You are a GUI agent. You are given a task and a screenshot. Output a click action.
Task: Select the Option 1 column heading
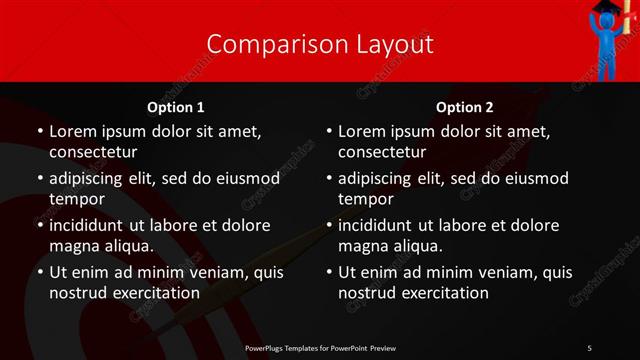(x=176, y=107)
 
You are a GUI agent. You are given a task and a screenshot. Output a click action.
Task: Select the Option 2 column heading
(x=465, y=107)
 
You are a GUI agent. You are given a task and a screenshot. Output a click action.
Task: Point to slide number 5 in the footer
(x=590, y=347)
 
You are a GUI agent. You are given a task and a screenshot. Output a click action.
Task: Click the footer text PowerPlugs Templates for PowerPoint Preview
(x=319, y=347)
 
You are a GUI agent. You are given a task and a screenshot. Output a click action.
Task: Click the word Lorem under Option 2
(x=361, y=131)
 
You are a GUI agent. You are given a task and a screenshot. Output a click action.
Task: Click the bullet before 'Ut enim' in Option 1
(x=39, y=272)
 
